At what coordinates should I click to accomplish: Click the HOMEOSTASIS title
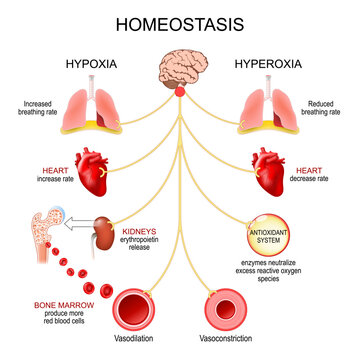[180, 22]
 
